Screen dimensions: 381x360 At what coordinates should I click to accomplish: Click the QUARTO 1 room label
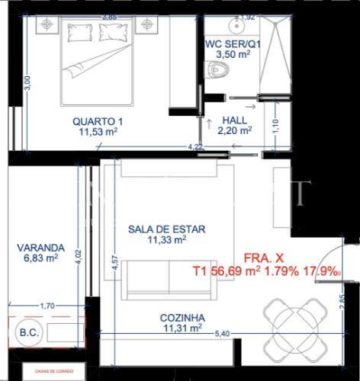(98, 121)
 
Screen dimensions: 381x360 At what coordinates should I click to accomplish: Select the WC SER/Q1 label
(233, 43)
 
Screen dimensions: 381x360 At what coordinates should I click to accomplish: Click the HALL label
(233, 120)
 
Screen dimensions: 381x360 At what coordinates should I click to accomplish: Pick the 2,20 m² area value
(234, 131)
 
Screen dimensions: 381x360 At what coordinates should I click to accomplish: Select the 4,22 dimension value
(195, 147)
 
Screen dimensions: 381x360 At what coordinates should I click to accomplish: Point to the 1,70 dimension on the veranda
(47, 306)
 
